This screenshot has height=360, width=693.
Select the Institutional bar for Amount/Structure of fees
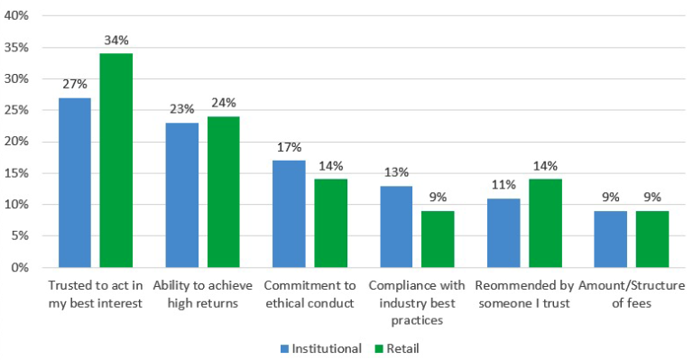[x=611, y=239]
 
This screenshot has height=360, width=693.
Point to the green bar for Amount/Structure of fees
[x=652, y=239]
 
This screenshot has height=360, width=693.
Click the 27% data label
[x=75, y=84]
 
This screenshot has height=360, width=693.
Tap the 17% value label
[x=290, y=147]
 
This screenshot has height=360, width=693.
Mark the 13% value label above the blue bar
[x=396, y=172]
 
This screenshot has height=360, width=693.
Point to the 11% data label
[x=504, y=185]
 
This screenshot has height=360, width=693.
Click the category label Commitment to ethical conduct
[x=310, y=294]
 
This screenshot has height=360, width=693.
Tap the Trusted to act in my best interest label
[x=95, y=294]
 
